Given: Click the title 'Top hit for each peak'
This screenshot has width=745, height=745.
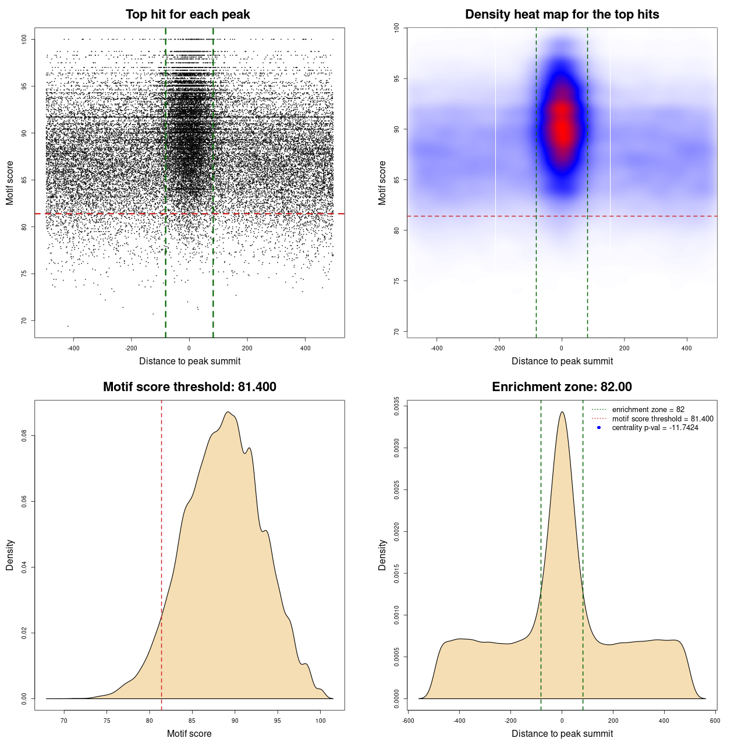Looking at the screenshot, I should [x=187, y=15].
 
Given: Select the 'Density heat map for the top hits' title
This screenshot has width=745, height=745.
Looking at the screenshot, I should [x=562, y=15].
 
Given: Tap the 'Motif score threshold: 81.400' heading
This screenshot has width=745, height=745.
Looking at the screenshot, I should [x=189, y=387].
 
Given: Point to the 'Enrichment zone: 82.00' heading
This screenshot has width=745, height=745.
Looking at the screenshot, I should [x=562, y=387].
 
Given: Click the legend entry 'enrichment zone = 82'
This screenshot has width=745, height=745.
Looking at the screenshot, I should [x=648, y=410].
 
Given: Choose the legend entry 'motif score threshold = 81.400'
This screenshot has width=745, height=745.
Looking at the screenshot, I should [x=662, y=418].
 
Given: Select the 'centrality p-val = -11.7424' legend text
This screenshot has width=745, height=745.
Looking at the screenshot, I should [x=655, y=428].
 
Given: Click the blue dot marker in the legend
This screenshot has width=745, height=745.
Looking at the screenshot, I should [x=599, y=428].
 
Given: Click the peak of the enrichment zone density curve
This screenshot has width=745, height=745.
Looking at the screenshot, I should [x=562, y=412].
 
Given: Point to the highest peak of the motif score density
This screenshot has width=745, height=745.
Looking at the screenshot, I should [x=228, y=412].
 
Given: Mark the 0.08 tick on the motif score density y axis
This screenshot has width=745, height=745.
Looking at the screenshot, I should [x=24, y=435].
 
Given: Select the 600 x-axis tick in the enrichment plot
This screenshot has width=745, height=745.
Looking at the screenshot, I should [x=715, y=721].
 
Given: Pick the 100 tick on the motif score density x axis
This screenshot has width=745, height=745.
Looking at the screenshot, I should [x=320, y=721].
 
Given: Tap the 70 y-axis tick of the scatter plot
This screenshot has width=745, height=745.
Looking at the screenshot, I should [x=24, y=320].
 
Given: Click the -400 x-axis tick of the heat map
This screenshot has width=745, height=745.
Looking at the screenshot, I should [x=437, y=348].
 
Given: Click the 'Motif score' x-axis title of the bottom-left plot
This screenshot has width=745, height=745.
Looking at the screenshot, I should [x=189, y=733].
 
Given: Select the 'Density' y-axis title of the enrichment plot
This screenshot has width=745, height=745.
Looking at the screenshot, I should [x=382, y=555].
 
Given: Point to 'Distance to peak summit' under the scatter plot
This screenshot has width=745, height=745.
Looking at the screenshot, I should [x=190, y=361].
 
